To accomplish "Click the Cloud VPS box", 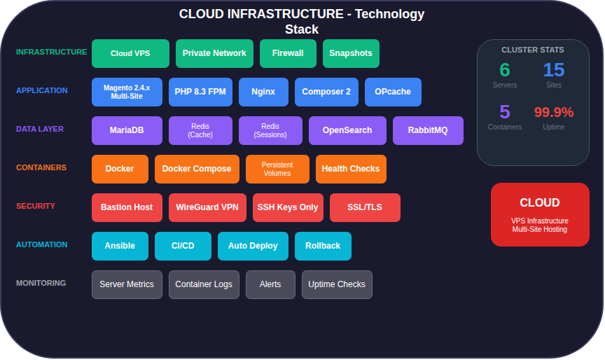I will click(130, 53).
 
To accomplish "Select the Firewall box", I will click(288, 53).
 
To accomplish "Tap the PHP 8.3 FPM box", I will click(200, 92).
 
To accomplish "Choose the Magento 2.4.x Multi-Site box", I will click(127, 92).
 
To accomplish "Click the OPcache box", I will click(393, 92).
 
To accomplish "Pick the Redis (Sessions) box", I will click(270, 130).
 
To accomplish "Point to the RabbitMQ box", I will click(428, 130).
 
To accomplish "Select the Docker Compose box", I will click(197, 169).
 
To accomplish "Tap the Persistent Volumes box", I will click(277, 169).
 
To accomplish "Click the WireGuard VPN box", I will click(207, 207).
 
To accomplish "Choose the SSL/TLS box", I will click(365, 207).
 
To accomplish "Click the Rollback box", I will click(323, 246).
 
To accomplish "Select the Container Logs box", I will click(204, 284).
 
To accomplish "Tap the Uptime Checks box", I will click(337, 284).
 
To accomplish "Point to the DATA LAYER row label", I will click(40, 129).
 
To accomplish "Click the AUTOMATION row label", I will click(42, 244).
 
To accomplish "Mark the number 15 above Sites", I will click(553, 70).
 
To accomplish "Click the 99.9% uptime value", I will click(553, 112).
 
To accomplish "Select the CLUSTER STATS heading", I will click(532, 50).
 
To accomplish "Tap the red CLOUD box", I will click(539, 214).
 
